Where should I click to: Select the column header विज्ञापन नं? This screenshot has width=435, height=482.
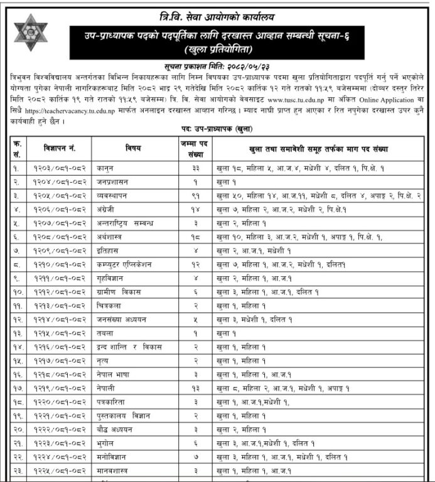(x=60, y=148)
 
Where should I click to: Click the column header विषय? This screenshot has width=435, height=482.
(x=134, y=148)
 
